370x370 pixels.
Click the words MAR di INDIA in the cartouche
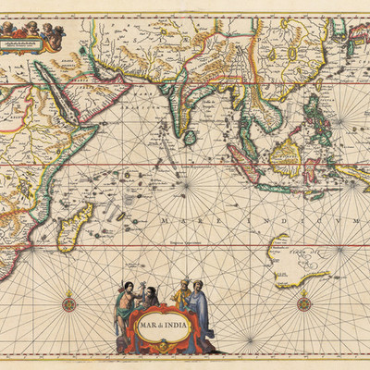pyautogui.click(x=157, y=326)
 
